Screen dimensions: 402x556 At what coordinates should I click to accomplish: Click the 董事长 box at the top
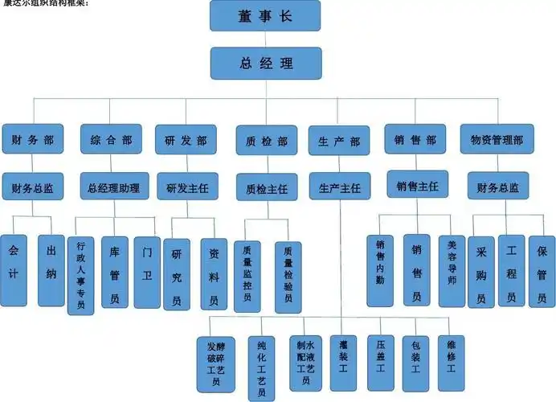(266, 15)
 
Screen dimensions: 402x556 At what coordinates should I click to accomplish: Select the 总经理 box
(266, 64)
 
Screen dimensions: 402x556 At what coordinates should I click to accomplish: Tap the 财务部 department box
(32, 139)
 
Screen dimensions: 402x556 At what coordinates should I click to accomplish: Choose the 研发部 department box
(186, 139)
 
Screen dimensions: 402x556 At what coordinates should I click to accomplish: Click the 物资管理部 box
(496, 139)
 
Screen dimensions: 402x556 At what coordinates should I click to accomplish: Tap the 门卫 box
(146, 272)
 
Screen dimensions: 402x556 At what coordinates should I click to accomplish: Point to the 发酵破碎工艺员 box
(215, 363)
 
